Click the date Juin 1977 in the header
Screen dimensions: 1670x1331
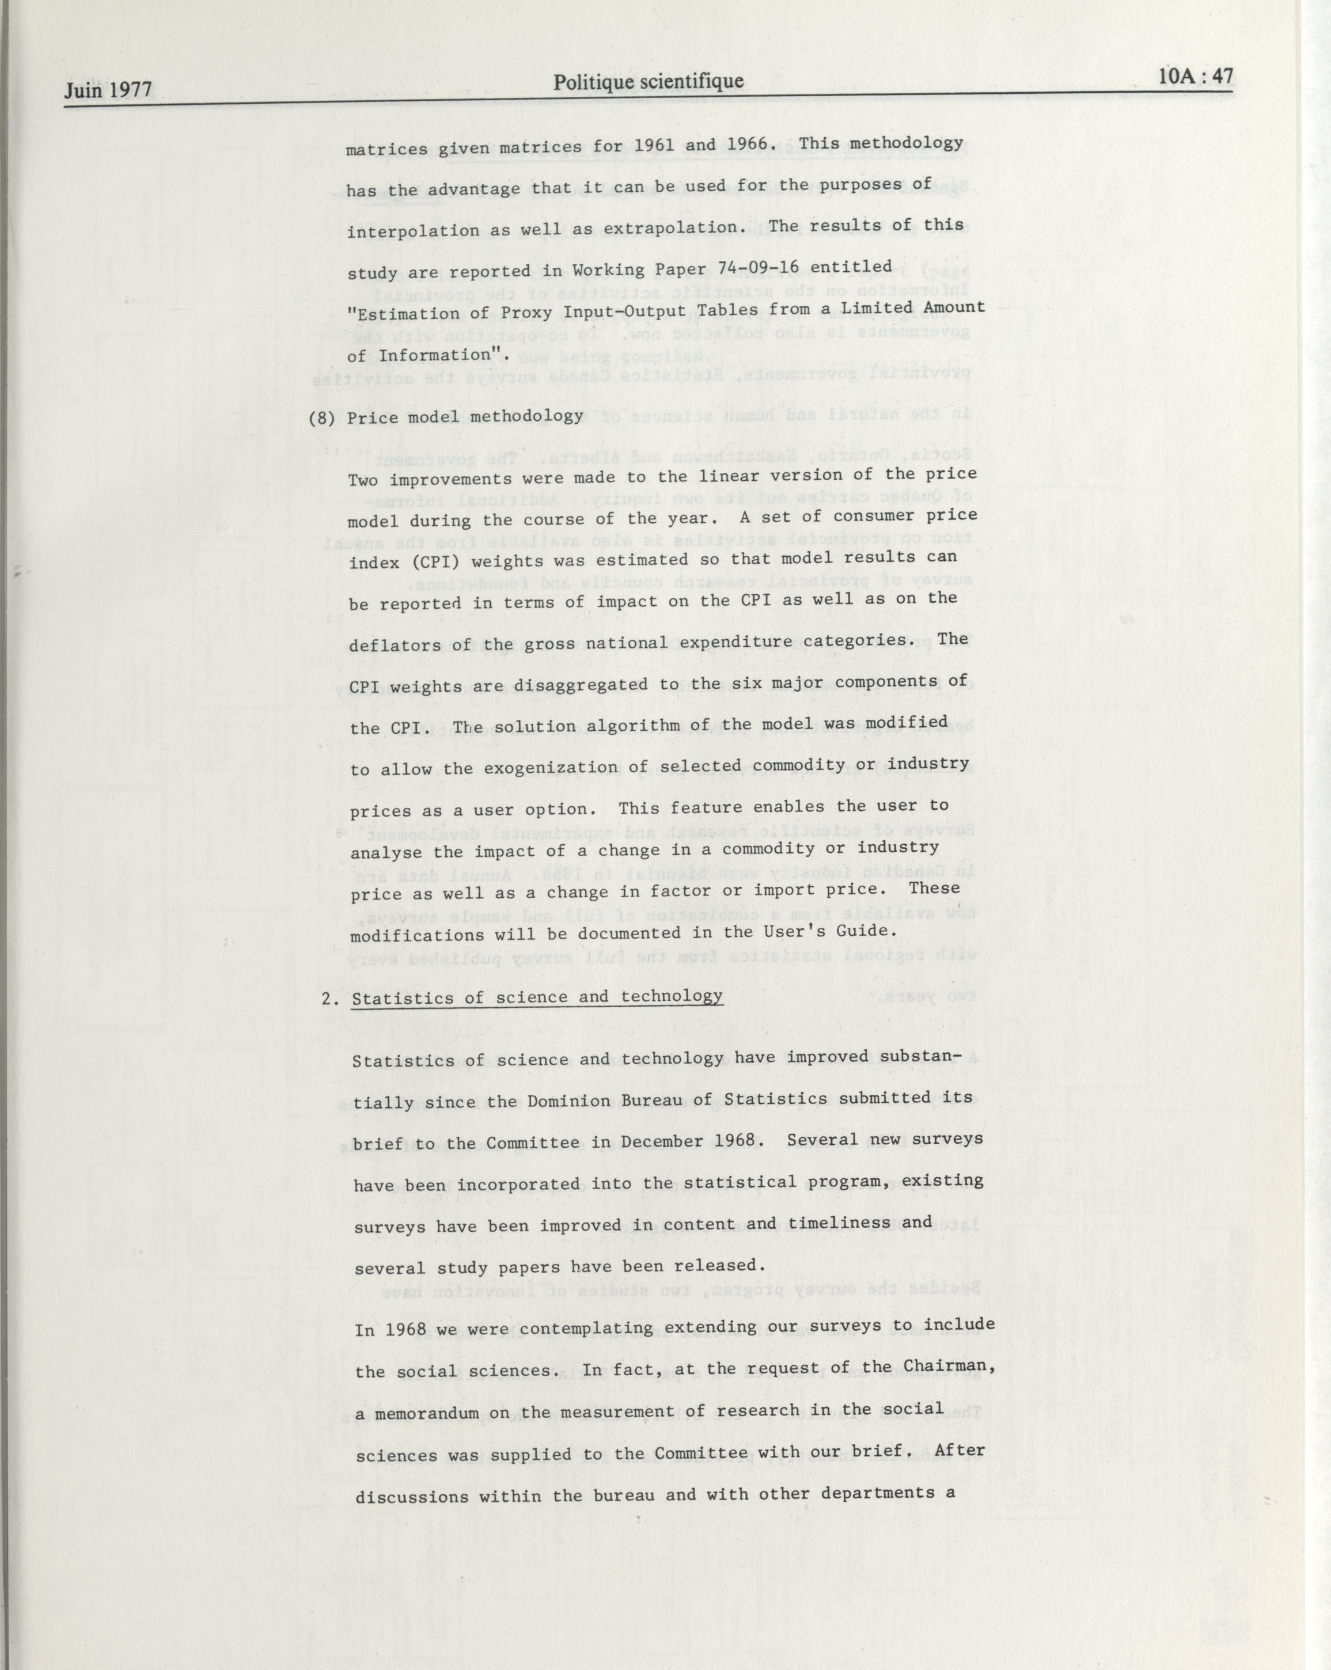108,90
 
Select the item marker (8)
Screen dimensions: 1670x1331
321,418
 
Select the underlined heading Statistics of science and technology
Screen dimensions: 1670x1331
537,997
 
